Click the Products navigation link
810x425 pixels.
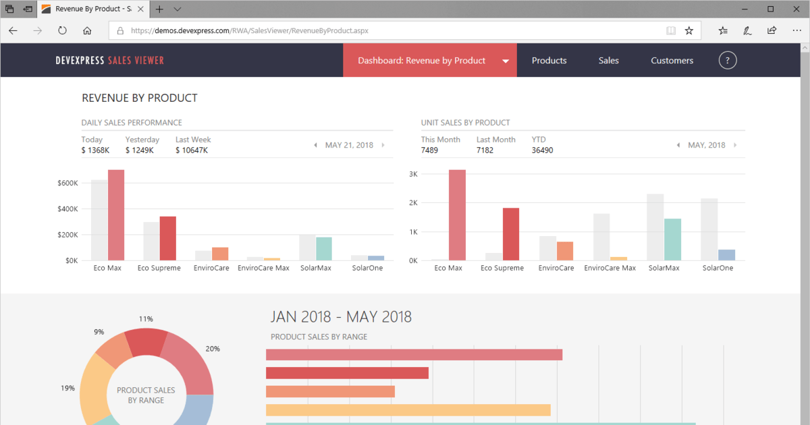tap(549, 60)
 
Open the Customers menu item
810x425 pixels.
tap(672, 60)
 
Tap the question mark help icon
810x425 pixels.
tap(728, 60)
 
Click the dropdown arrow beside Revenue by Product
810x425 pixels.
tap(506, 61)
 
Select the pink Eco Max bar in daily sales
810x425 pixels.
tap(116, 215)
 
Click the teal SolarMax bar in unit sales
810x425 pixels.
tap(672, 239)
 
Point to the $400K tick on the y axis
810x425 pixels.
tap(67, 209)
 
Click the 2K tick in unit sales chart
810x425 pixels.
tap(413, 203)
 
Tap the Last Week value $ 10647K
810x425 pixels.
tap(192, 150)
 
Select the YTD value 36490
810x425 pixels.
tap(542, 150)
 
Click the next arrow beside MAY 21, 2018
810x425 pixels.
tap(383, 145)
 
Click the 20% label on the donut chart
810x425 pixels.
tap(213, 349)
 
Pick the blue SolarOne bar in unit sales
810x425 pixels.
tap(726, 255)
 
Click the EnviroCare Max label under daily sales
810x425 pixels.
tap(263, 268)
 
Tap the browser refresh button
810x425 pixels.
tap(62, 30)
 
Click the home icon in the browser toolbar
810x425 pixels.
tap(87, 31)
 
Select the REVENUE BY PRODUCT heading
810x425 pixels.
tap(140, 98)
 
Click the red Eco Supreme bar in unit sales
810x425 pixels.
tap(510, 234)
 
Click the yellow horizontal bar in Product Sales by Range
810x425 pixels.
tap(408, 410)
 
